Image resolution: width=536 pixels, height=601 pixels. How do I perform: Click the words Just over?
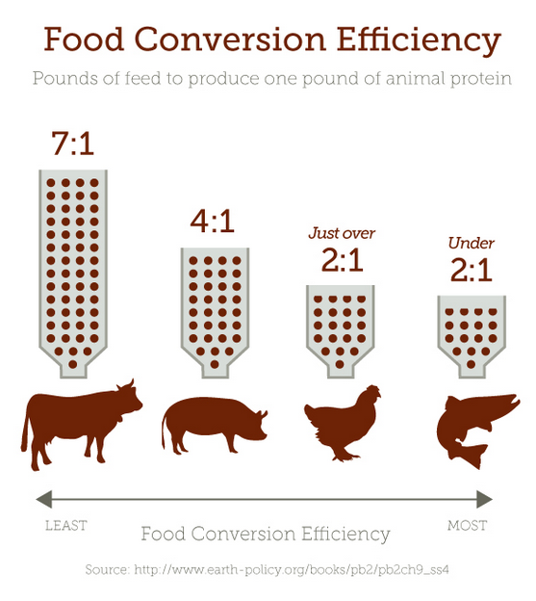point(342,233)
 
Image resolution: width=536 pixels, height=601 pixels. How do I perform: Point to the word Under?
point(472,243)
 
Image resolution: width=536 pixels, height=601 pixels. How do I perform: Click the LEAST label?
point(66,526)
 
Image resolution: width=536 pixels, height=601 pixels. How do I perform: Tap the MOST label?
point(467,526)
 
